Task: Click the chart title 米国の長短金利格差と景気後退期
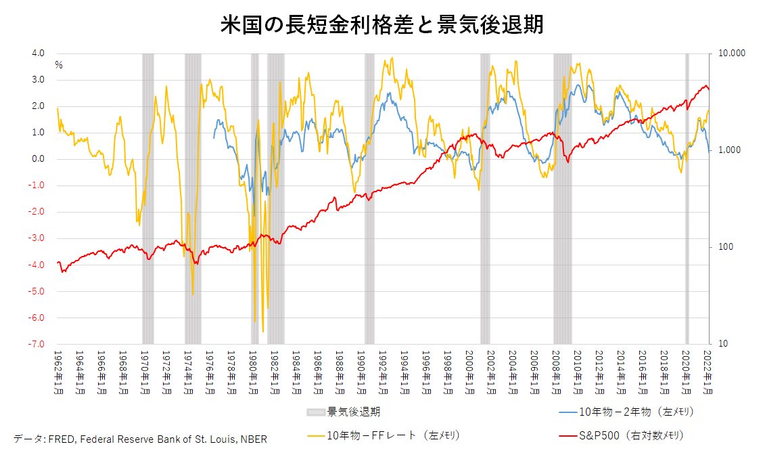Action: click(382, 25)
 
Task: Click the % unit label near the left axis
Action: click(59, 66)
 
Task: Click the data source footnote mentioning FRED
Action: click(140, 439)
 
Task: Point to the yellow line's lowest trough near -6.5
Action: click(262, 331)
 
